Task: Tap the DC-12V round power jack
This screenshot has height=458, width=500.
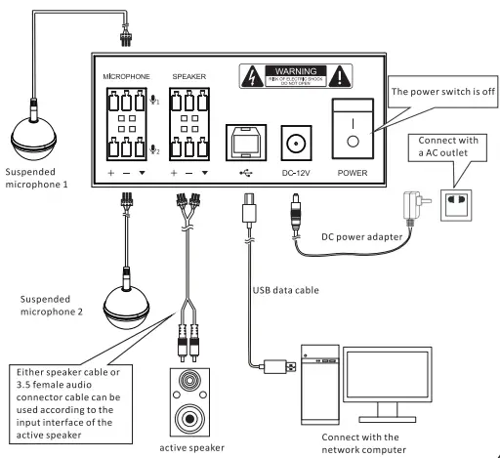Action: point(292,143)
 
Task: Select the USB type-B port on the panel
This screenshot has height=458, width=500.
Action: point(241,143)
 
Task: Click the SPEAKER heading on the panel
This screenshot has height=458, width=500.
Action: point(188,75)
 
